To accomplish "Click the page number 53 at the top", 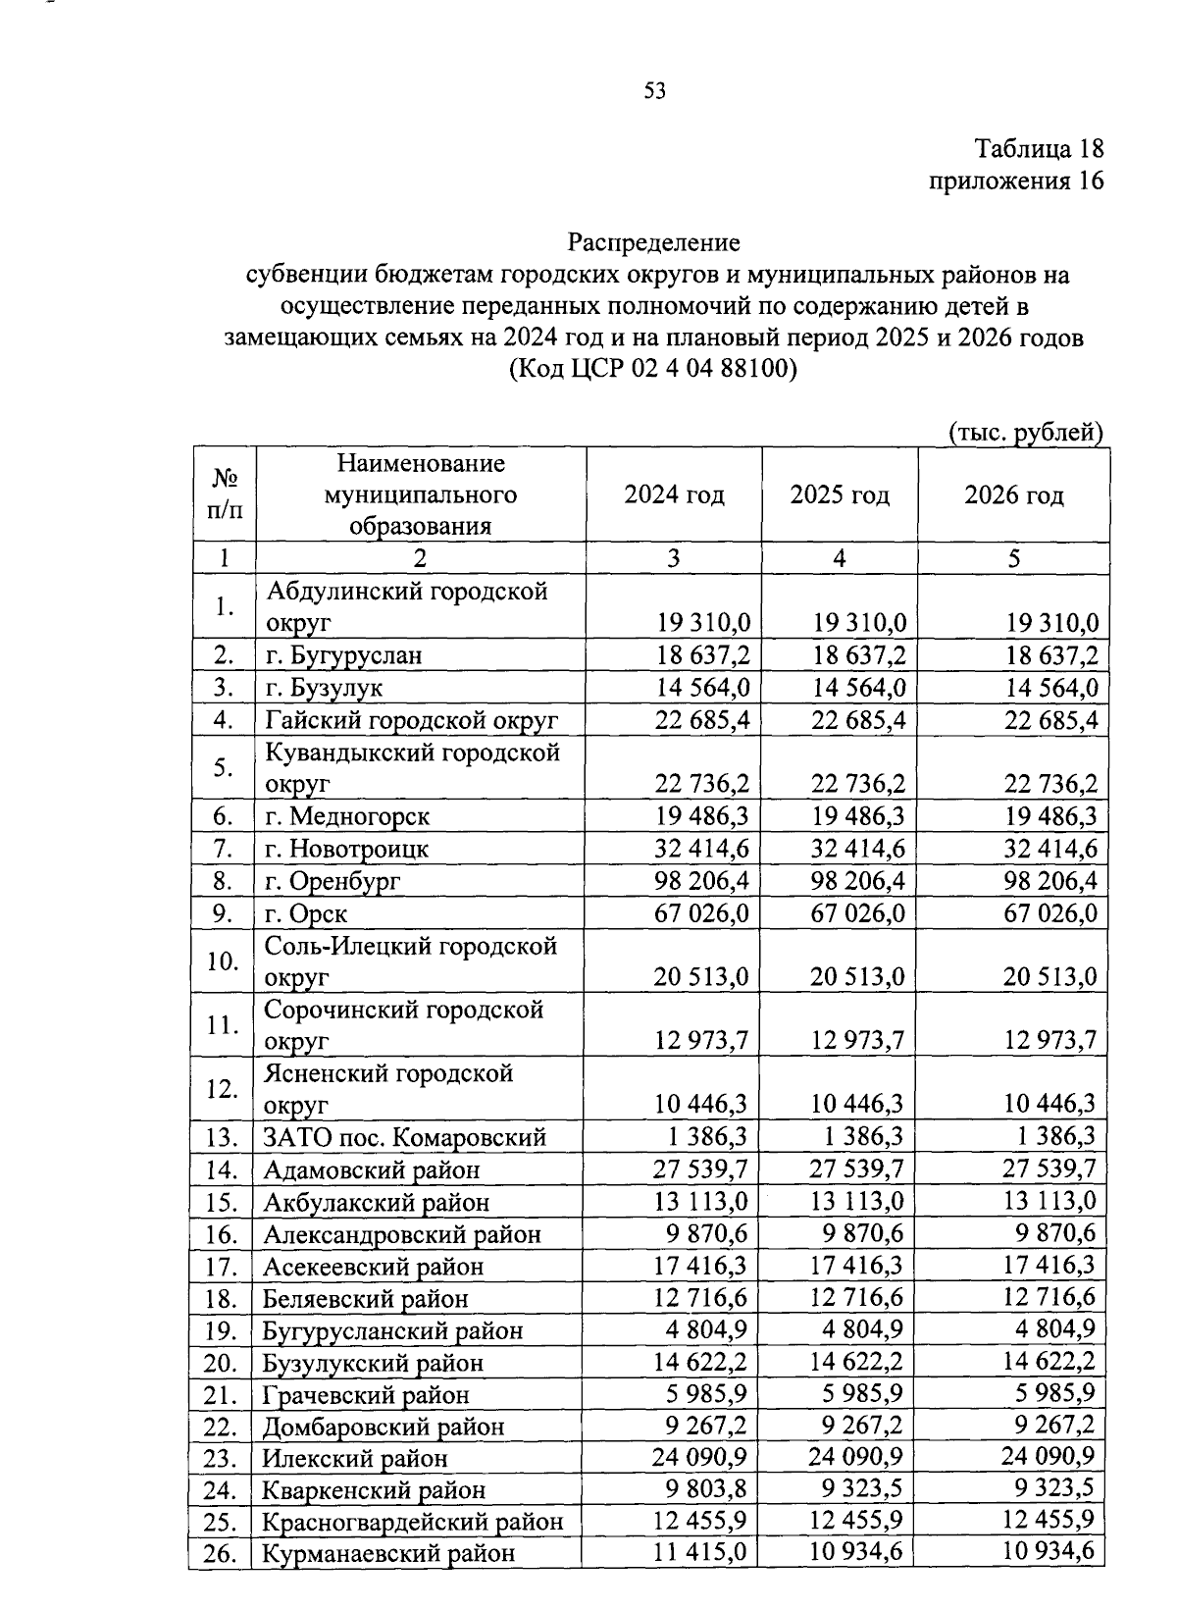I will (x=655, y=91).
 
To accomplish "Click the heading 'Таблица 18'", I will (x=1039, y=149).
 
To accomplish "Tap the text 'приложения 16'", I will (x=1016, y=181).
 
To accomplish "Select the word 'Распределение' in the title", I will (x=654, y=241).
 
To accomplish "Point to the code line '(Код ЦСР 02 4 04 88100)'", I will (x=654, y=370).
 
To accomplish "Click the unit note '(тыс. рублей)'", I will (x=1025, y=433).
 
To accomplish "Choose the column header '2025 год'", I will (x=840, y=494).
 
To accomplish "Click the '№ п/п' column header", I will (x=225, y=493).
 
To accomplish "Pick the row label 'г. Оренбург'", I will (x=333, y=881).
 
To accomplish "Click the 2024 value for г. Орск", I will (x=700, y=913).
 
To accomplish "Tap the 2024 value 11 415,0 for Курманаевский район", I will (x=699, y=1553).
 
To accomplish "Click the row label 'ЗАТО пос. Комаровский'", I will (x=404, y=1138).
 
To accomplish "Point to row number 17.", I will (x=223, y=1267).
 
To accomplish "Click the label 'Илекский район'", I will (x=355, y=1458).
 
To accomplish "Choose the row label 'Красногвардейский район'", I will (x=412, y=1522).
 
